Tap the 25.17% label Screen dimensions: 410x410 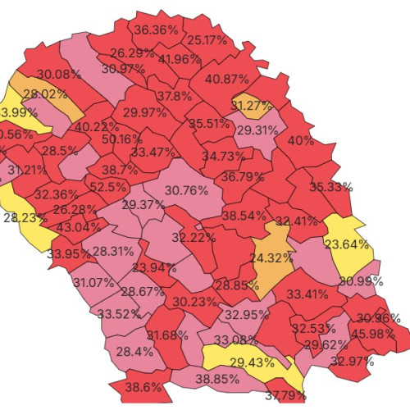pos(207,40)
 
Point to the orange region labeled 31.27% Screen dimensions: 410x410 pos(253,105)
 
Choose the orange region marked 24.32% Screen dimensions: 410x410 pos(271,257)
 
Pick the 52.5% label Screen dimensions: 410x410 pos(107,187)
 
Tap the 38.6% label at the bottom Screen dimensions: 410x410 pos(144,386)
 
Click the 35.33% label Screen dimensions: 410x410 pos(330,187)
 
